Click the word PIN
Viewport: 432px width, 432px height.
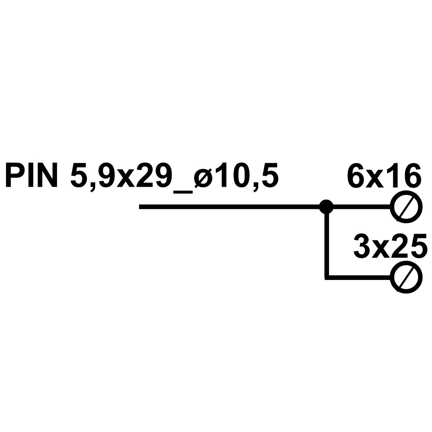[32, 175]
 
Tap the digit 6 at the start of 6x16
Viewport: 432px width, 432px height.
[356, 176]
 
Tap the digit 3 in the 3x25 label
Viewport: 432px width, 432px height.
[362, 246]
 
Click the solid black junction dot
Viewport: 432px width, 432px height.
[326, 207]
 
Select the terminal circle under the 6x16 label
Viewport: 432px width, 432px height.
[406, 207]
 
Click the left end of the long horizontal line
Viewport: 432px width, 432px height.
[140, 207]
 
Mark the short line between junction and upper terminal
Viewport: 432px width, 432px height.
[362, 207]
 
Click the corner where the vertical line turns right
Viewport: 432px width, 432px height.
[327, 278]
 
